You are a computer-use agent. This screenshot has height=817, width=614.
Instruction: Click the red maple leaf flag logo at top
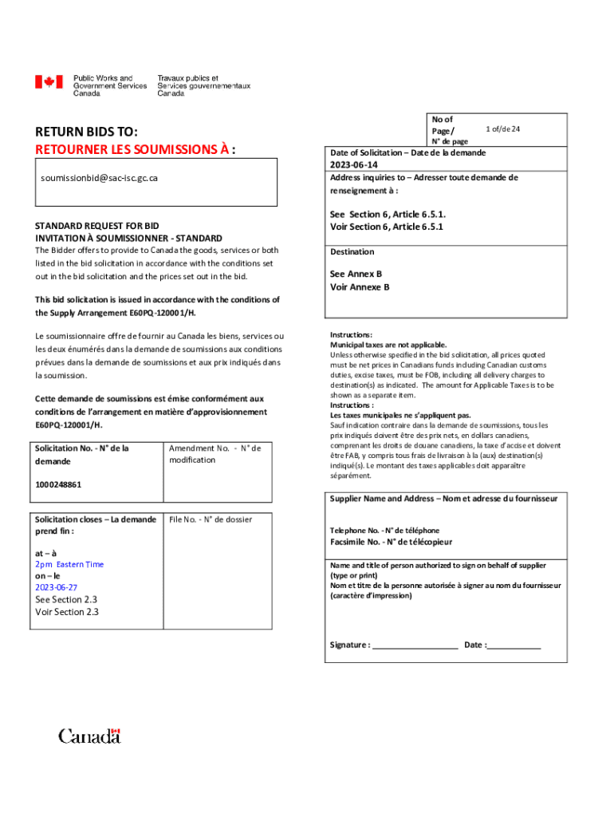(48, 82)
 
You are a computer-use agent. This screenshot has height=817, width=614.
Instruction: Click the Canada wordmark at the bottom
(89, 736)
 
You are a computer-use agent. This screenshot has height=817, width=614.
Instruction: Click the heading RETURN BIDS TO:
(86, 132)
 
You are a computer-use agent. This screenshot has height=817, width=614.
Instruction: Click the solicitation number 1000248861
(58, 484)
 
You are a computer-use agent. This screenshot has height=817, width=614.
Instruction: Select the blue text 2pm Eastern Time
(69, 564)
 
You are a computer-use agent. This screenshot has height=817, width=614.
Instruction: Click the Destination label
(352, 252)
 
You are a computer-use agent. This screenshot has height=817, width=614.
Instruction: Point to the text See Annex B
(356, 274)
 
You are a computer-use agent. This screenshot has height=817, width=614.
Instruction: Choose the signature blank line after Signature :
(415, 645)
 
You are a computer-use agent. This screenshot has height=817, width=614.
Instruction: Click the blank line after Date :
(514, 645)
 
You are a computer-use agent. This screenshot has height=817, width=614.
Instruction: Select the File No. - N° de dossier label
(210, 519)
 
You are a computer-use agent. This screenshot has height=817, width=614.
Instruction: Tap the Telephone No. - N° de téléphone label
(384, 531)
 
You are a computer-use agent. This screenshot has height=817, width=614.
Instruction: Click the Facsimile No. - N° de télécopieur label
(392, 542)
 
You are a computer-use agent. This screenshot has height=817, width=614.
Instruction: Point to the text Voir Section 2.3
(67, 613)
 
